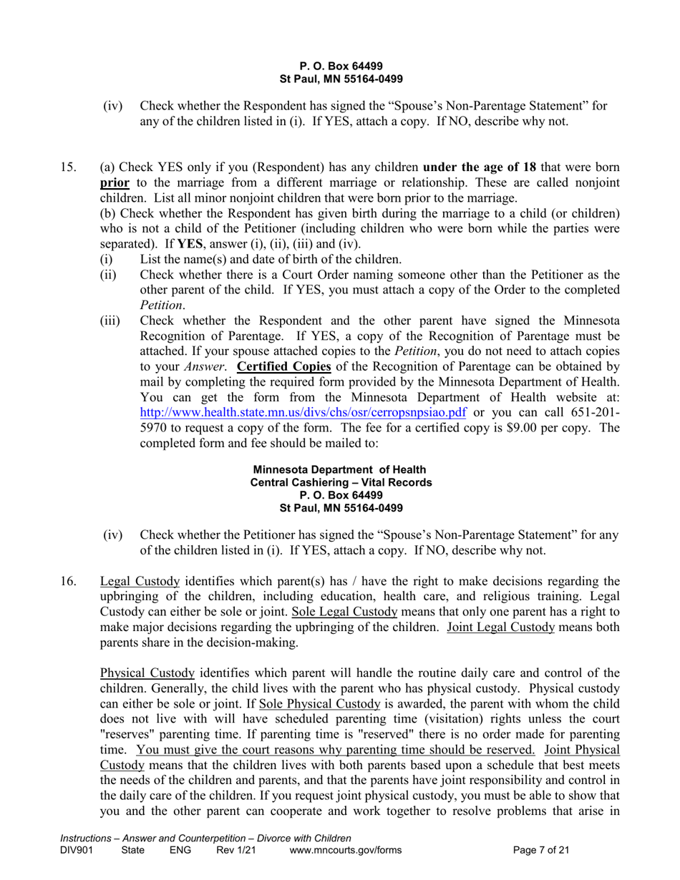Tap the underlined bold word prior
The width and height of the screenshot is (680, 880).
coord(114,182)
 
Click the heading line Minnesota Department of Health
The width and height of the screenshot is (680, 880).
coord(340,469)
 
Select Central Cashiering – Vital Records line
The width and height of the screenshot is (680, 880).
coord(341,482)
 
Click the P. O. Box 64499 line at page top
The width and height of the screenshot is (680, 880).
coord(341,67)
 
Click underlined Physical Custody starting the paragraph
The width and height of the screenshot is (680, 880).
coord(147,673)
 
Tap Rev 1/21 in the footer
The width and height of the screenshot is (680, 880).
coord(235,851)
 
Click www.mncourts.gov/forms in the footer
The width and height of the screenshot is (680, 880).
coord(346,851)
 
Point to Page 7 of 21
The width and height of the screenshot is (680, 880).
coord(542,851)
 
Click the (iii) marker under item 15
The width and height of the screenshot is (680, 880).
coord(110,321)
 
